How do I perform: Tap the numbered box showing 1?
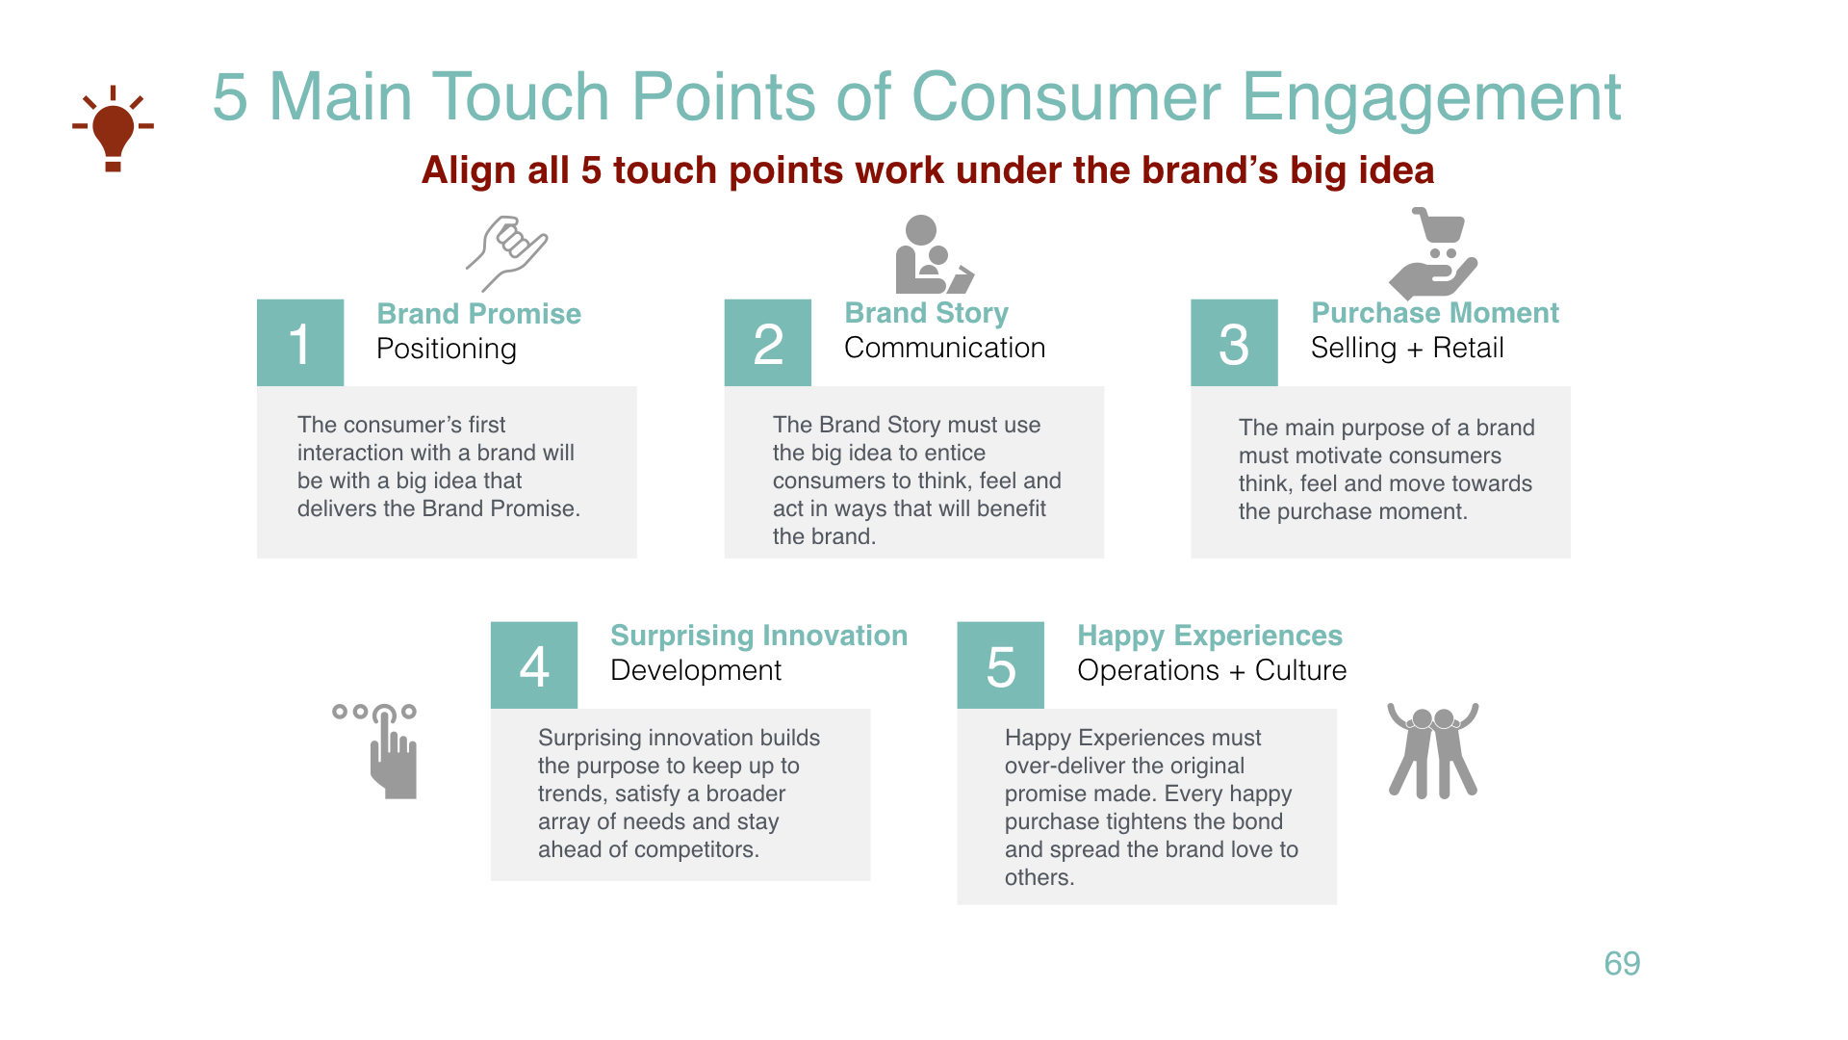(300, 343)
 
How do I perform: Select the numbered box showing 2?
(768, 343)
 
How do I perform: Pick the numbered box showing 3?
(1234, 343)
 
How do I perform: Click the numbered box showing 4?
(534, 665)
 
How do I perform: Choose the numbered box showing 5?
(1001, 665)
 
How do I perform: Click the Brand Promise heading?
(478, 314)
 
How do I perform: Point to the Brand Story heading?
(926, 313)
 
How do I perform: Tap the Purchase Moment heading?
(1434, 313)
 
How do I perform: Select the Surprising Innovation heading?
(758, 636)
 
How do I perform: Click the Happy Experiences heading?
(1209, 636)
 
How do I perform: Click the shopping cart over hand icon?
(1433, 253)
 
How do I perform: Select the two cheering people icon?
(1432, 750)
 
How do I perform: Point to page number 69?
(1622, 963)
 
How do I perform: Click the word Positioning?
(447, 349)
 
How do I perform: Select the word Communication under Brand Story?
(944, 348)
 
